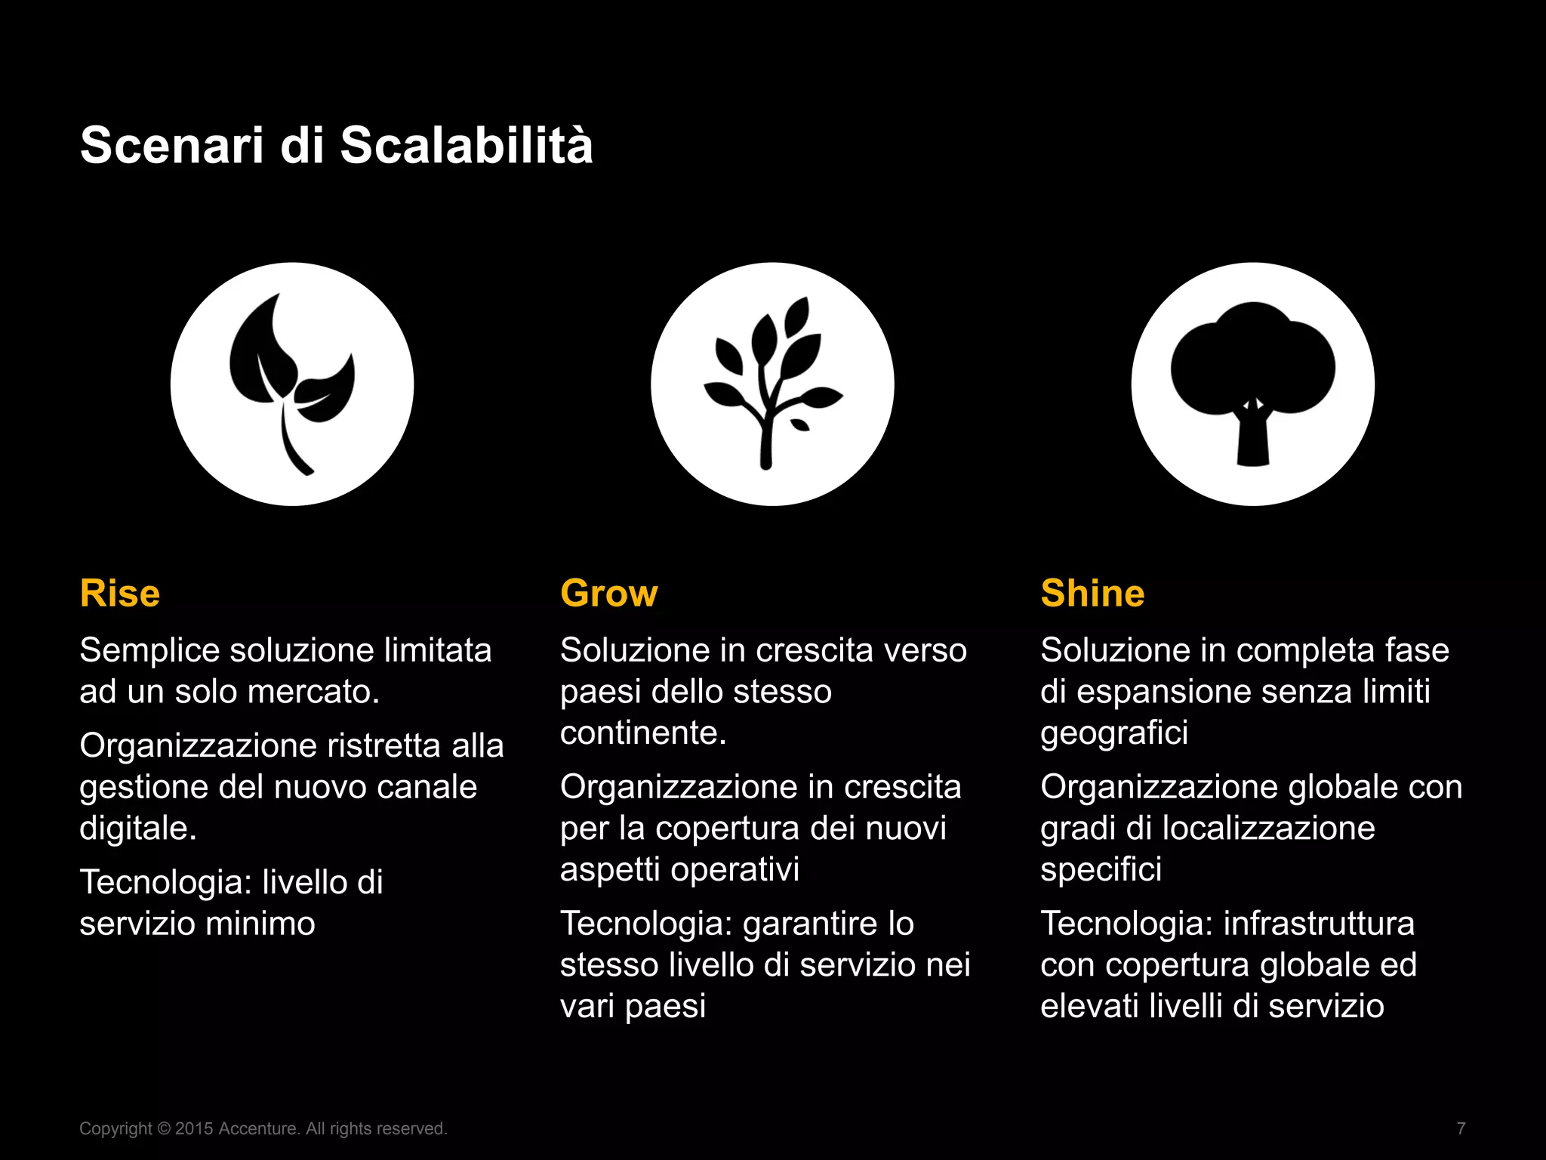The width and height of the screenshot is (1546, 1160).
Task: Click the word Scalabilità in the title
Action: pyautogui.click(x=466, y=145)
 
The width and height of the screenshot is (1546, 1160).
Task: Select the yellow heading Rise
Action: pyautogui.click(x=120, y=594)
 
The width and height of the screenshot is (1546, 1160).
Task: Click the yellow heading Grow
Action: pyautogui.click(x=608, y=594)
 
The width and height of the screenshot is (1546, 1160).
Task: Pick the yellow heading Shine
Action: pyautogui.click(x=1092, y=594)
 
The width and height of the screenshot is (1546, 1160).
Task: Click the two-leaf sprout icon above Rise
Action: pyautogui.click(x=292, y=384)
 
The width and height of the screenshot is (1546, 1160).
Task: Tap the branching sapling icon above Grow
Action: pyautogui.click(x=772, y=384)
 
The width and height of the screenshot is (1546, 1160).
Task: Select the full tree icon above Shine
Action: pyautogui.click(x=1252, y=384)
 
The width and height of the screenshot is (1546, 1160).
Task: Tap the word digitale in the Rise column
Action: pyautogui.click(x=137, y=828)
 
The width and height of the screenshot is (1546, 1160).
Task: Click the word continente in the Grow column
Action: pyautogui.click(x=642, y=733)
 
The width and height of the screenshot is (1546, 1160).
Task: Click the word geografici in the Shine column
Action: pyautogui.click(x=1113, y=733)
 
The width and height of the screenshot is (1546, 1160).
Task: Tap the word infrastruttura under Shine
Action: pyautogui.click(x=1318, y=924)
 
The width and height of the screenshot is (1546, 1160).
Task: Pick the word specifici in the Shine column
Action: pyautogui.click(x=1101, y=870)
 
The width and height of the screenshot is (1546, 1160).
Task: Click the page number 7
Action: pyautogui.click(x=1461, y=1129)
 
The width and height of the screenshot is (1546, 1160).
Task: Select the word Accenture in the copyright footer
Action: pyautogui.click(x=257, y=1129)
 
